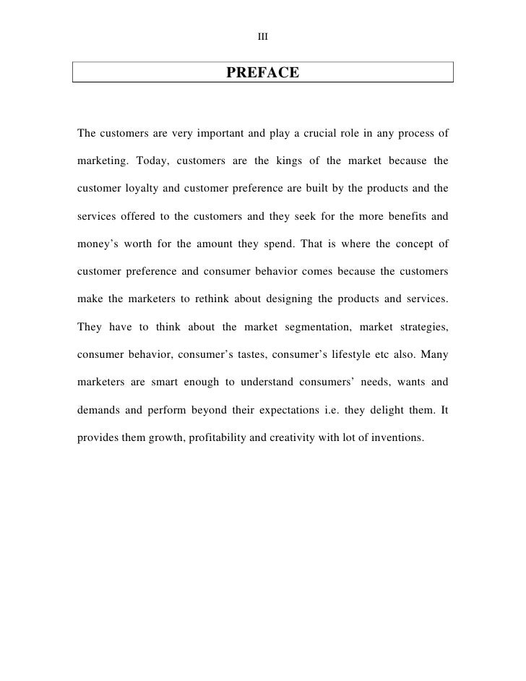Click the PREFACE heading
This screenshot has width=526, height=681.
pyautogui.click(x=262, y=73)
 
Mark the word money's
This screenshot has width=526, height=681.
pyautogui.click(x=98, y=244)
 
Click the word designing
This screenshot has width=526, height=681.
pyautogui.click(x=293, y=299)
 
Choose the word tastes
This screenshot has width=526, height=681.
pyautogui.click(x=267, y=355)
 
